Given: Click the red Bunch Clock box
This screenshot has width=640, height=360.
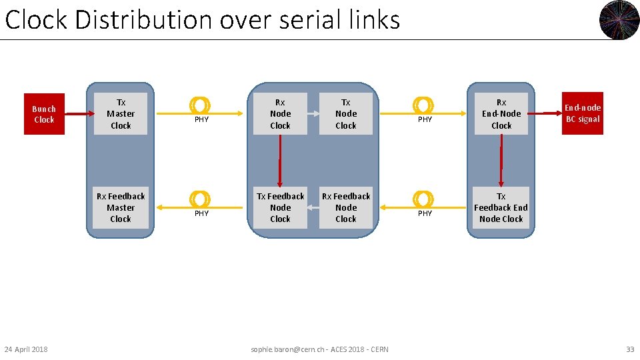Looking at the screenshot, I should tap(44, 114).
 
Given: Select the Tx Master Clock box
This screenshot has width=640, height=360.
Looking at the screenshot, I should tap(121, 114).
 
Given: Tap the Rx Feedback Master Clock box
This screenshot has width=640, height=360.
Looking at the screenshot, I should tap(121, 207).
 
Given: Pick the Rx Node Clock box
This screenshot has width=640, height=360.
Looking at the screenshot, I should tap(280, 114).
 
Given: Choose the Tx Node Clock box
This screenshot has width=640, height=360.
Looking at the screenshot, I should tap(345, 114).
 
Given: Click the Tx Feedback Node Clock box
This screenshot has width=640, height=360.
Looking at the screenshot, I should tap(280, 207).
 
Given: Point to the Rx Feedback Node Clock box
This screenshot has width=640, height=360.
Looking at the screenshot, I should tap(345, 207).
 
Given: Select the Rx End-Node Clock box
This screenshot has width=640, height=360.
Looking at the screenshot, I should tap(501, 114).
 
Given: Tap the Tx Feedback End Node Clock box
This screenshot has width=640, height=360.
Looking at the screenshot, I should tap(501, 207).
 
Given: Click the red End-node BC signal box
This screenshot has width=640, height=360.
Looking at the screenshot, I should tap(583, 113).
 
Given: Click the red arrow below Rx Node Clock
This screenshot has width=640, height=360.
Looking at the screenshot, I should tap(280, 160).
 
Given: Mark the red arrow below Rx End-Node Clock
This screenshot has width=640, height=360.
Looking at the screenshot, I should tap(501, 160).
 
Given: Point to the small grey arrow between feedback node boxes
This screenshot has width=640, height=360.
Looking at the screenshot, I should tap(313, 207).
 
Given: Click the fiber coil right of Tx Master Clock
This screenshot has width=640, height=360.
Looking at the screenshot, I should tap(200, 105).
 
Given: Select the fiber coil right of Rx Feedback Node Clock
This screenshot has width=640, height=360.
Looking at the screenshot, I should tap(423, 199).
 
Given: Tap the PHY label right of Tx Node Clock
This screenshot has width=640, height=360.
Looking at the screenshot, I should tap(425, 120).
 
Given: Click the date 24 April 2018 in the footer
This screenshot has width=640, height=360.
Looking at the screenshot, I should tap(26, 349).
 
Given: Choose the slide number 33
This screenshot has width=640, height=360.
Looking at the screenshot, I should tap(630, 349).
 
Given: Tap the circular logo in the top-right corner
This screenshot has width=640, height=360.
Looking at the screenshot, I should tap(619, 20).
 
